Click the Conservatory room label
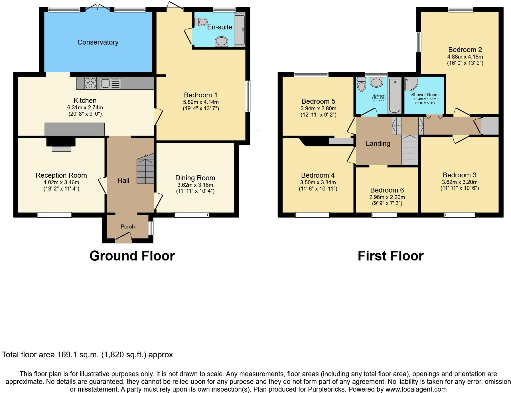(98, 42)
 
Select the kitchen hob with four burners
(90, 83)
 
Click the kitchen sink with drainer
(110, 83)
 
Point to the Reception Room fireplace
(61, 144)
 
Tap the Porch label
(127, 226)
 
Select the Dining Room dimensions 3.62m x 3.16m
(195, 185)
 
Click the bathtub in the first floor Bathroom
(395, 96)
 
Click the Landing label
(378, 143)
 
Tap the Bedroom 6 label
(387, 190)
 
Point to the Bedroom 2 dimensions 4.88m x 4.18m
(465, 57)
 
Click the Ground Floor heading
(132, 256)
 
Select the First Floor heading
(390, 256)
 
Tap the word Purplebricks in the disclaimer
(327, 389)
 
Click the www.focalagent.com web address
(416, 389)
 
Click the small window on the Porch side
(151, 228)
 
